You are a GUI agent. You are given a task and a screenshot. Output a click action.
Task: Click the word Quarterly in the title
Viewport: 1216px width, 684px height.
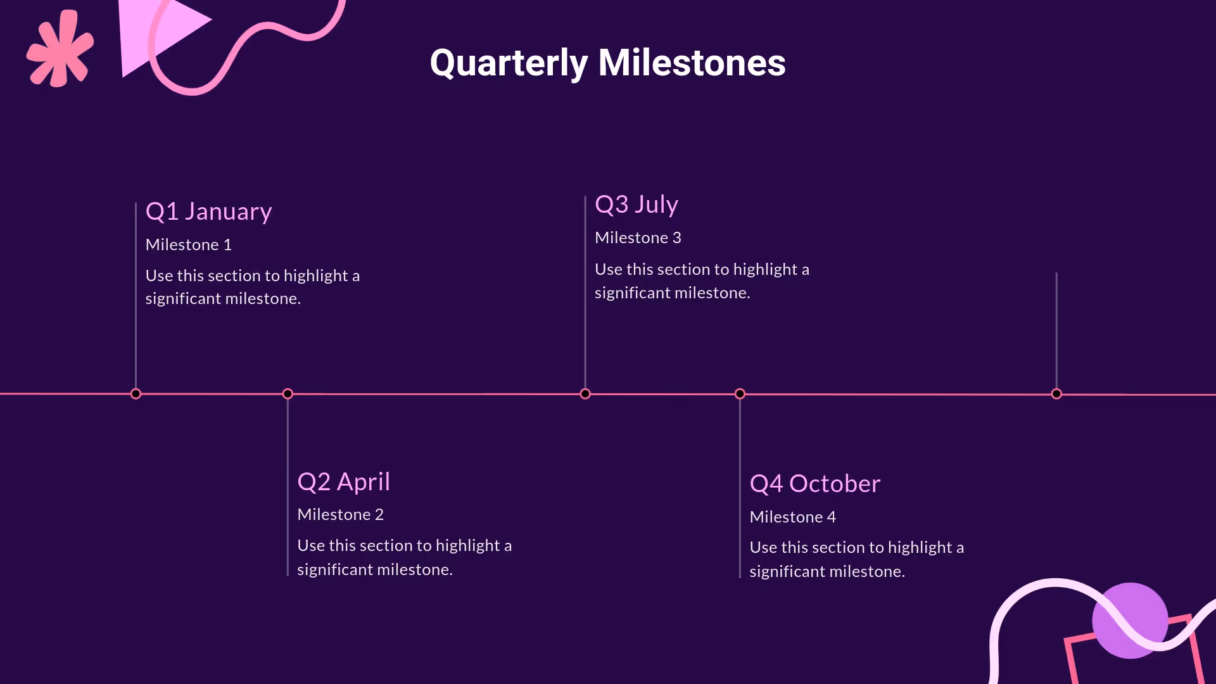[509, 63]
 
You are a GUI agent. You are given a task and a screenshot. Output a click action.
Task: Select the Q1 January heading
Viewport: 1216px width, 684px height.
[208, 212]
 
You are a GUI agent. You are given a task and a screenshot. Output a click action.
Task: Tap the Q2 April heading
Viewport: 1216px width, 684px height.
[343, 482]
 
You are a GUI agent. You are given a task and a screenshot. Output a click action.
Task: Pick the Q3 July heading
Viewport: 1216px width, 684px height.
[636, 205]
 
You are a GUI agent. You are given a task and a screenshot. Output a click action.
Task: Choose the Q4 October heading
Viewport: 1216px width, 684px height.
[814, 484]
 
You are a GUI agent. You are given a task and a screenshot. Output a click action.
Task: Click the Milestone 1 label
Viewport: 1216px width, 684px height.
[188, 245]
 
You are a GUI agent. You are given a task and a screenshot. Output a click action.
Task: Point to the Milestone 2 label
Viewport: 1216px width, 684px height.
[340, 515]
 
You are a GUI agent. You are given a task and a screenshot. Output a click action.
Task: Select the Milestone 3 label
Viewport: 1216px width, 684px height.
[638, 238]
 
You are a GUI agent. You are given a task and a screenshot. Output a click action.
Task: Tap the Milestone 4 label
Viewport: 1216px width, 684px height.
[792, 517]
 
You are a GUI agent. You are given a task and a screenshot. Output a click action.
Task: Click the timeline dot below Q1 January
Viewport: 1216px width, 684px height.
[136, 394]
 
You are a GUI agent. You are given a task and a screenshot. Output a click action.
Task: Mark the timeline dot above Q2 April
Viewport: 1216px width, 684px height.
[288, 394]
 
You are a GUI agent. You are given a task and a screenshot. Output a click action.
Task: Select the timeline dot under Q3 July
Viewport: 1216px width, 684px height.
[585, 394]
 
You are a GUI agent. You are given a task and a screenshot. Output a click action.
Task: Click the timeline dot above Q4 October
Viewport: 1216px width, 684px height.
[740, 394]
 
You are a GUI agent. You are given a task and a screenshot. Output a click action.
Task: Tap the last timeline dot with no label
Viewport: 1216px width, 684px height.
[1056, 394]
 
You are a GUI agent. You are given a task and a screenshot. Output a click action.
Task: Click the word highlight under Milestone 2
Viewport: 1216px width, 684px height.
[468, 546]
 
